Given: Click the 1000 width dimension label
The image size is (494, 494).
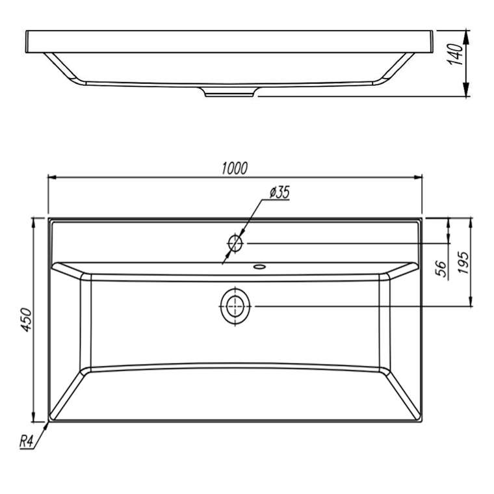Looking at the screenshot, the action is click(235, 168).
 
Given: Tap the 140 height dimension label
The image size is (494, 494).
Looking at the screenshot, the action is click(455, 55).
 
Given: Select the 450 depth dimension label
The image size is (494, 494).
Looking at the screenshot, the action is click(27, 320).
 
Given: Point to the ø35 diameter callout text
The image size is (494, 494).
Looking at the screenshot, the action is click(279, 192).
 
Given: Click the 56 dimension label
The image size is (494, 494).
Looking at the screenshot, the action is click(443, 268).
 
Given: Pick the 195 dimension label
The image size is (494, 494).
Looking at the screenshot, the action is click(463, 263).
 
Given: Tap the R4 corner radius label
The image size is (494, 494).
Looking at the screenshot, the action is click(26, 441).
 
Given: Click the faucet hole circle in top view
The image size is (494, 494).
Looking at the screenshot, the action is click(235, 243).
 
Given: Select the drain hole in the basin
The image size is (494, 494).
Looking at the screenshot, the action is click(235, 306).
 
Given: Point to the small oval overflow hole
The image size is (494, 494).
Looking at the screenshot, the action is click(259, 267).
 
